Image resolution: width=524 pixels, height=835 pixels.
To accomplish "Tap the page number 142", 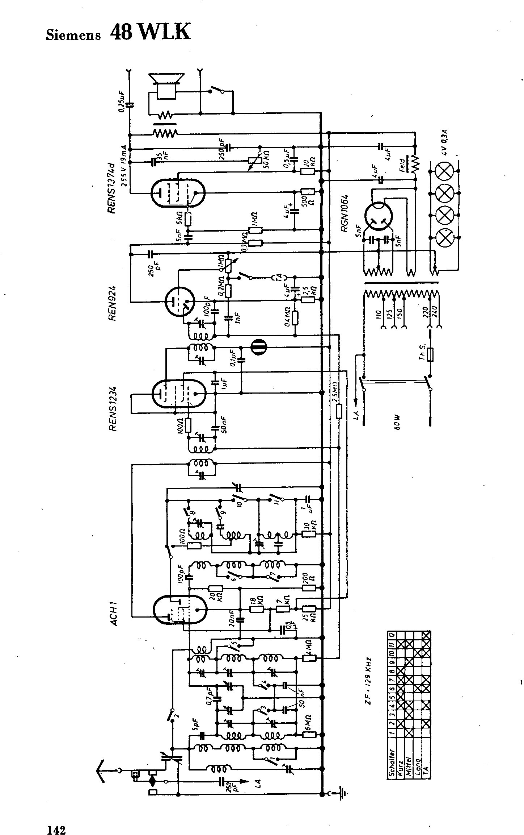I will coord(56,820).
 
